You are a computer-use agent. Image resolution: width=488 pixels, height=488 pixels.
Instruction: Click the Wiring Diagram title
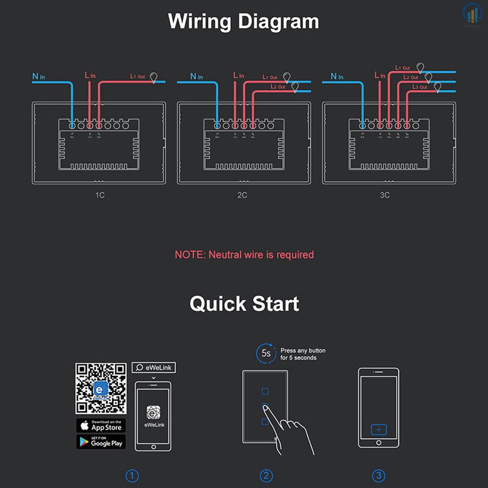coord(244,22)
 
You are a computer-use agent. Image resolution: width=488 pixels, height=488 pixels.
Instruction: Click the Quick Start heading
coord(244,304)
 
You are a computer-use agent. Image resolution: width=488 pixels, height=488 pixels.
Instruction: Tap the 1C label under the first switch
coord(100,195)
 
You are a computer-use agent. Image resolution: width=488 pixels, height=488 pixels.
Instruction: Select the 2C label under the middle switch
coord(242,195)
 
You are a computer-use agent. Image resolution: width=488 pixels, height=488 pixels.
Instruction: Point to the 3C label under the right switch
coord(385,195)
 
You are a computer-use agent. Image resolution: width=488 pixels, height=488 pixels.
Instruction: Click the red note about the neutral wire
coord(244,254)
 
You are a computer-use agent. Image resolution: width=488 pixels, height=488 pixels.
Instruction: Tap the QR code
coord(101,388)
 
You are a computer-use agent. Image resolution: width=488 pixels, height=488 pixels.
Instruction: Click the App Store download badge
coord(101,426)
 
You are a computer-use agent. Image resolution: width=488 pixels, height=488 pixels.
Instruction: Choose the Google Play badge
coord(101,442)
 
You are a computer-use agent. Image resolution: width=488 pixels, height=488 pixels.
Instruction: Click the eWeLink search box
coord(153,367)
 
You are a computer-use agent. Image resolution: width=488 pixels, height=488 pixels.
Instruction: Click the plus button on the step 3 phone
coord(379,430)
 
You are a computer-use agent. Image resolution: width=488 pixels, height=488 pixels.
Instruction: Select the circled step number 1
coord(132,476)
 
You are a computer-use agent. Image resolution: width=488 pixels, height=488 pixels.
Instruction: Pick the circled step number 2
coord(266,476)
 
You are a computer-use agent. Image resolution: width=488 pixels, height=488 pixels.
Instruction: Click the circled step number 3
coord(378,476)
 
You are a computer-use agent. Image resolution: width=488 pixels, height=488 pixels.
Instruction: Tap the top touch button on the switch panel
coord(265,391)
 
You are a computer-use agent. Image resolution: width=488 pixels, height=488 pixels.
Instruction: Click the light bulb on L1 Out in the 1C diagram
coord(154,77)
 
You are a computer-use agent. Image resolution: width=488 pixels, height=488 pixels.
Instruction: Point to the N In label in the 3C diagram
coord(337,76)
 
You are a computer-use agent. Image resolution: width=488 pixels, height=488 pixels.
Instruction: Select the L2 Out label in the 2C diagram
coord(277,87)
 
